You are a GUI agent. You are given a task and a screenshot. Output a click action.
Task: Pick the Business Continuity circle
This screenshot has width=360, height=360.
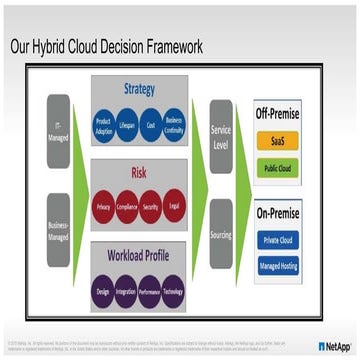(175, 128)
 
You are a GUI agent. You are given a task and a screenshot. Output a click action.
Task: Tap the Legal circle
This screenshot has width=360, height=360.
(175, 204)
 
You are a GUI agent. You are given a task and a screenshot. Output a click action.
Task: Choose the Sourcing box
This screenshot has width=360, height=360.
(221, 232)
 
